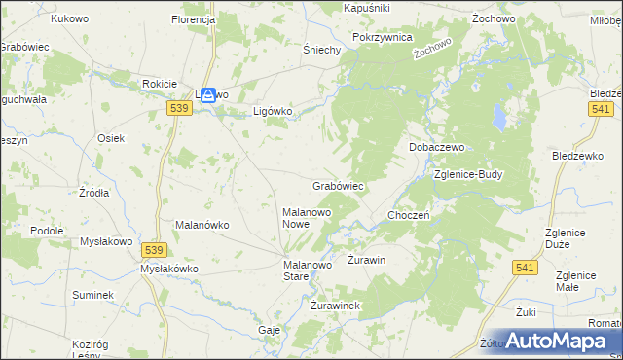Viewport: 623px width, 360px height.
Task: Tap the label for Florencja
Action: point(192,19)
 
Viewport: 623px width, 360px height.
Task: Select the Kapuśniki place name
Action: point(367,7)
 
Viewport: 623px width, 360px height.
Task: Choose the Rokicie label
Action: point(159,84)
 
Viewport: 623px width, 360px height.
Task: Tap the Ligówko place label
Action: point(273,111)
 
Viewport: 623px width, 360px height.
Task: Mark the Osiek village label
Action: point(110,138)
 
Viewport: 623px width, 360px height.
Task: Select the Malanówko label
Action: point(202,225)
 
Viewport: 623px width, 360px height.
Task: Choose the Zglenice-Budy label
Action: point(468,175)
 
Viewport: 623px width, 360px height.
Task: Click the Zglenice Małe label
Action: point(581,281)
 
